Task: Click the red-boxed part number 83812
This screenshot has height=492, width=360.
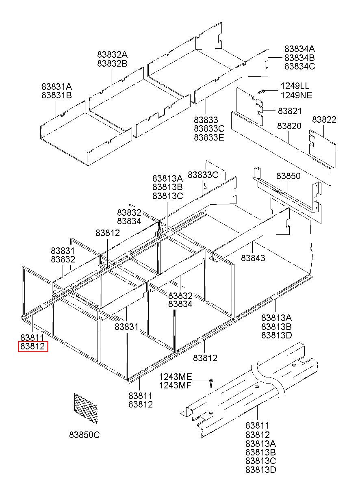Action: [x=33, y=347]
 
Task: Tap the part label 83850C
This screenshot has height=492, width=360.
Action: [x=85, y=435]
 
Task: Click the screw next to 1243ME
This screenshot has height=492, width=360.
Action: [x=211, y=382]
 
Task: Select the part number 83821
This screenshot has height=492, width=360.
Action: [x=290, y=111]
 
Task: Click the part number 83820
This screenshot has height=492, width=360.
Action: [x=289, y=126]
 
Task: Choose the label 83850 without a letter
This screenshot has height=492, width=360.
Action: [x=288, y=176]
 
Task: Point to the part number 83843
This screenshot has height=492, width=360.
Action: [x=253, y=258]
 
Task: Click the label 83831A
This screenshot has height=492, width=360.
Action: [x=56, y=87]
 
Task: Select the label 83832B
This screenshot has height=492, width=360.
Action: [x=112, y=63]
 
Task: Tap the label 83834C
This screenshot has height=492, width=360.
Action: [x=299, y=66]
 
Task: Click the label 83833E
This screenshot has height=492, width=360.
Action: [x=209, y=137]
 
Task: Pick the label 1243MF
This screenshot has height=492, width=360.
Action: [x=175, y=386]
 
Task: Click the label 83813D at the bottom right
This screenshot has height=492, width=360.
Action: [x=261, y=470]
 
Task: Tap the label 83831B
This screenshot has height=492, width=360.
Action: [x=56, y=95]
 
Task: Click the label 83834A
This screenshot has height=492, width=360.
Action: [x=299, y=48]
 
